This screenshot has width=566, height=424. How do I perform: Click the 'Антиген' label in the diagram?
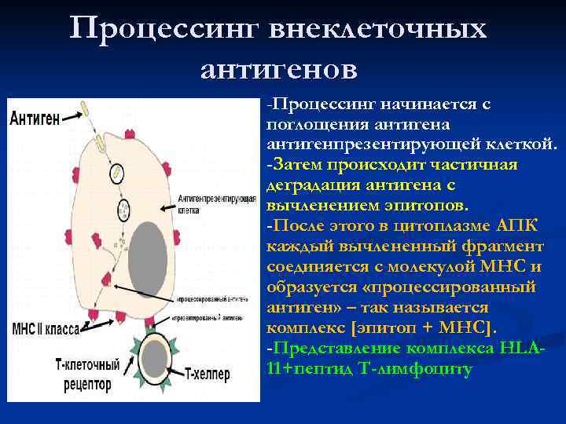(35, 119)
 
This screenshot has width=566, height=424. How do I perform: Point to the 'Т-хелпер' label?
(208, 375)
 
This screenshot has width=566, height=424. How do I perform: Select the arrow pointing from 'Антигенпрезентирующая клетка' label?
(167, 207)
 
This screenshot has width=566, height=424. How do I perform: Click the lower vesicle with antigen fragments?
(123, 210)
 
